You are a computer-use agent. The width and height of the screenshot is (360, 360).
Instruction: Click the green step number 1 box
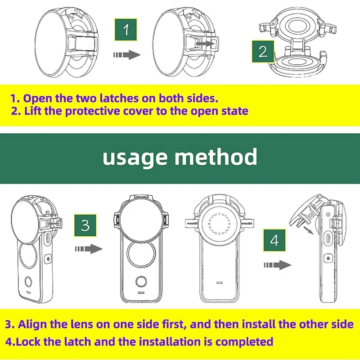[x=126, y=30]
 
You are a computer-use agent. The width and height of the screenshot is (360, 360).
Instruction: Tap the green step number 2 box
[x=263, y=51]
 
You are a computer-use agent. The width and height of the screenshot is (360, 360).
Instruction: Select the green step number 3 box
[x=85, y=225]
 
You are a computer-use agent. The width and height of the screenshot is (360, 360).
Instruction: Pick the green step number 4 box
[x=274, y=240]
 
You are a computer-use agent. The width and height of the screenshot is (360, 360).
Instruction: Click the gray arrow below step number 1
[x=127, y=55]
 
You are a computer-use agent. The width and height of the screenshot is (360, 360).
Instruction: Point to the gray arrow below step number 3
[x=89, y=249]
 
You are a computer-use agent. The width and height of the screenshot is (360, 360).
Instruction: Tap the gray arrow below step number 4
[x=277, y=265]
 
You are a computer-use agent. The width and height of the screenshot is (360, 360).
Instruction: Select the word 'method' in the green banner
[x=216, y=156]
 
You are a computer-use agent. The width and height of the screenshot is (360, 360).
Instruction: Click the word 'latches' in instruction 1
[x=119, y=98]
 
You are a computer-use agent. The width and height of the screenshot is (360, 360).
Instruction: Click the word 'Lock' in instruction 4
[x=28, y=342]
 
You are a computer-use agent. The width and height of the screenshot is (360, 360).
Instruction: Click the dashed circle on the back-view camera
[x=220, y=224]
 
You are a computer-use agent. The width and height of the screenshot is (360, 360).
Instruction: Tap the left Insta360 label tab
[x=192, y=223]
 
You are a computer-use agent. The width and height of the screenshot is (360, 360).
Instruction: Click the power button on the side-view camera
[x=328, y=258]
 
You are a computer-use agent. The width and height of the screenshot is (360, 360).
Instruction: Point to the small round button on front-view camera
[x=141, y=282]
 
